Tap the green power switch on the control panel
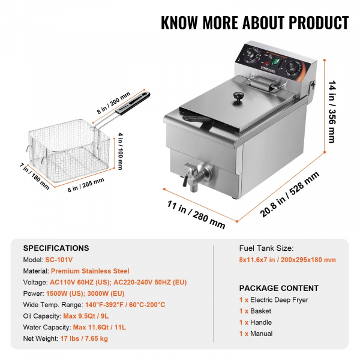pos(275,62)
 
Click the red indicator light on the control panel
pos(266,64)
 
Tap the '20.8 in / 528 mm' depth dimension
pos(289,194)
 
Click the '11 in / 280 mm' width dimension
pos(196,214)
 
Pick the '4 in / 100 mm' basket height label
pos(120,151)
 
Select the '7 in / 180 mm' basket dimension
pos(34,176)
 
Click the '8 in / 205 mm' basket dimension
pos(86,185)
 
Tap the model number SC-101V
pos(59,260)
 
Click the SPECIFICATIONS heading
pos(56,248)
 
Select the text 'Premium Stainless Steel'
pos(90,271)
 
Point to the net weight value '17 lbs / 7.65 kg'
pos(84,338)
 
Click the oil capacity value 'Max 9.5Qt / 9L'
pos(86,316)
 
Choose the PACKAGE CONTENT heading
pos(279,288)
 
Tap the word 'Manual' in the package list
pos(261,334)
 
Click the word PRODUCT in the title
pos(319,23)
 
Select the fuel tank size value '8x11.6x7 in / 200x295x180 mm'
pos(287,260)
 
